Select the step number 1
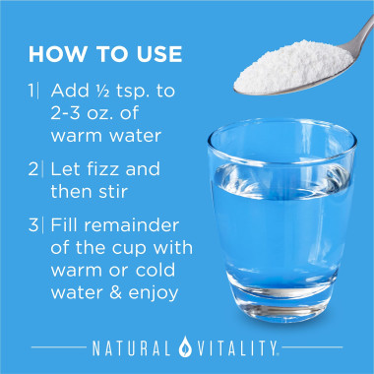click(x=31, y=91)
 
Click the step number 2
click(x=33, y=169)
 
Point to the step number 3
click(x=33, y=225)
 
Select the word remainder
click(x=135, y=225)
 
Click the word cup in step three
click(x=129, y=249)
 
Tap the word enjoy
click(x=154, y=294)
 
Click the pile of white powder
click(x=293, y=66)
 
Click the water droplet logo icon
click(x=185, y=346)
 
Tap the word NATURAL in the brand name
click(x=132, y=347)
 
